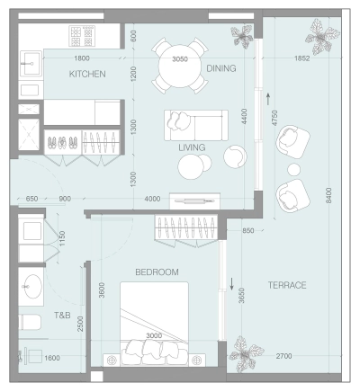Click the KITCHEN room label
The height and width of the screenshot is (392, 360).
point(87,74)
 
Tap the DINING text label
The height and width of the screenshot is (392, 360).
point(221,68)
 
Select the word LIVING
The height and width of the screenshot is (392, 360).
point(192,147)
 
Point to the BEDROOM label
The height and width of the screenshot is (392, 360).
point(157,272)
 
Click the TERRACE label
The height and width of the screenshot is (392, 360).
point(287,285)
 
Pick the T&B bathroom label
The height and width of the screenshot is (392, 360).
point(62,316)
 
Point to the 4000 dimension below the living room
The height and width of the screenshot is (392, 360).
point(152,199)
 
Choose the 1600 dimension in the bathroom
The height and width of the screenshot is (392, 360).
point(51,358)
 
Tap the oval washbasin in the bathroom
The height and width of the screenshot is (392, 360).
point(32,289)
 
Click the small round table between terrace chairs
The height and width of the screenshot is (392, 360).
point(294,169)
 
